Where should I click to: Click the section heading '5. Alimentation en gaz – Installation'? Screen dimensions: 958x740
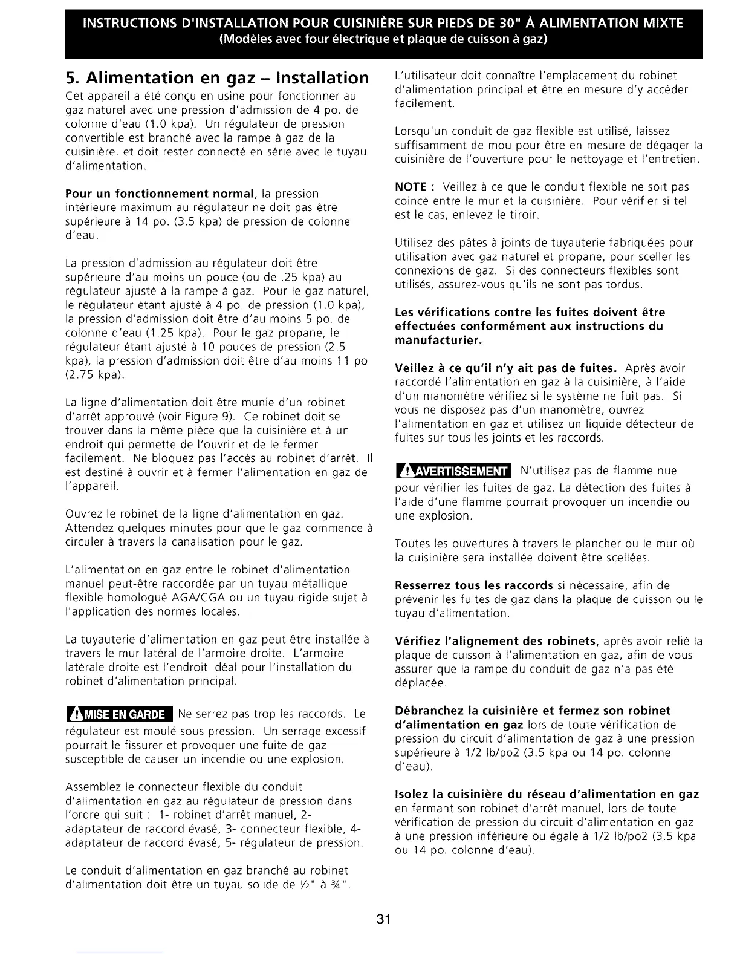[216, 78]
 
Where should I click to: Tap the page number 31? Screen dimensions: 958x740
[383, 919]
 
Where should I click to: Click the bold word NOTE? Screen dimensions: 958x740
[411, 187]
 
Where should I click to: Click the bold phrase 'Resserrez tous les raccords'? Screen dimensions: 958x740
[474, 585]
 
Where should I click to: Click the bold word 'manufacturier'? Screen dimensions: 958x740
[438, 341]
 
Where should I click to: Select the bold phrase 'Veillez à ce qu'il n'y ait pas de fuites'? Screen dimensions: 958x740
[505, 368]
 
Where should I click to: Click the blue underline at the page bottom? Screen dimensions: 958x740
[120, 953]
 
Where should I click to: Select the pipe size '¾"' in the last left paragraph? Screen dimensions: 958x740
[342, 885]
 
